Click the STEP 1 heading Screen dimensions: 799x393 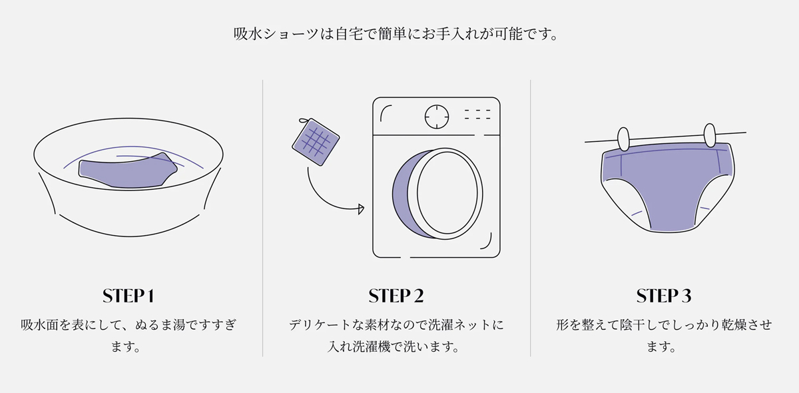click(129, 296)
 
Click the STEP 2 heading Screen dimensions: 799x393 click(396, 296)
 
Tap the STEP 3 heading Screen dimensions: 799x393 click(664, 296)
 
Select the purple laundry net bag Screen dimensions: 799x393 click(316, 142)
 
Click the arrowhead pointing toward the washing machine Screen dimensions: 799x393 click(361, 208)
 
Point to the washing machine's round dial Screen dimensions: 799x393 click(437, 117)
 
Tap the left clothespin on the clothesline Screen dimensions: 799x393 click(623, 139)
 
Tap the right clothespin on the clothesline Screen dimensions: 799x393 click(710, 135)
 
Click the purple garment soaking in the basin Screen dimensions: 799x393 click(128, 171)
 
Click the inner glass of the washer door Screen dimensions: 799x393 click(447, 193)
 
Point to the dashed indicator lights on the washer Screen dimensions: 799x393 click(477, 114)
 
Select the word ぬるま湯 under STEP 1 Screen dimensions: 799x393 click(160, 325)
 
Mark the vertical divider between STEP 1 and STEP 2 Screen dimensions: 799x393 click(262, 218)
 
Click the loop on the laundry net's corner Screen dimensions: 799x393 click(304, 121)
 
